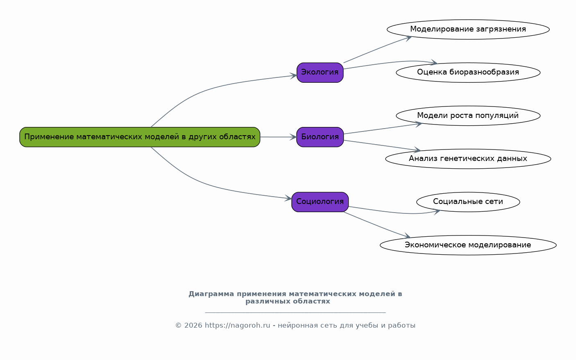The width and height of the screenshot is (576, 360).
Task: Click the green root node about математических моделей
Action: pyautogui.click(x=140, y=137)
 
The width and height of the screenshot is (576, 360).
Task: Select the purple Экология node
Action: pyautogui.click(x=320, y=72)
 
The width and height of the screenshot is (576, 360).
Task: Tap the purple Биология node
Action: pyautogui.click(x=320, y=137)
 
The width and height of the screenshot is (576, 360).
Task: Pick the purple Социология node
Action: pyautogui.click(x=320, y=202)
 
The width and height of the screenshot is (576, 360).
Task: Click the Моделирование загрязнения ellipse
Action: pyautogui.click(x=468, y=29)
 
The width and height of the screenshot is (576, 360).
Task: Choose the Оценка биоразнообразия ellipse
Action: pyautogui.click(x=468, y=72)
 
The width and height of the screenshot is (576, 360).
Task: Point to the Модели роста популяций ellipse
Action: pyautogui.click(x=468, y=115)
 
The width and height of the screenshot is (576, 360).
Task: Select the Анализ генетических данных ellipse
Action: pyautogui.click(x=468, y=158)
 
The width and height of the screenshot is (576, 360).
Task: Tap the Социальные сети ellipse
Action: pyautogui.click(x=468, y=202)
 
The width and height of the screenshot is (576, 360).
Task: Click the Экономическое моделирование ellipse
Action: pyautogui.click(x=468, y=245)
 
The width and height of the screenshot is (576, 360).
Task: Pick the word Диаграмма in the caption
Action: pyautogui.click(x=211, y=294)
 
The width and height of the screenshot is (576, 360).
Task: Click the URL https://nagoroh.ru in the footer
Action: pyautogui.click(x=238, y=326)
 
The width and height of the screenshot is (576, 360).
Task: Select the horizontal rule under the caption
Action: pyautogui.click(x=295, y=312)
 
